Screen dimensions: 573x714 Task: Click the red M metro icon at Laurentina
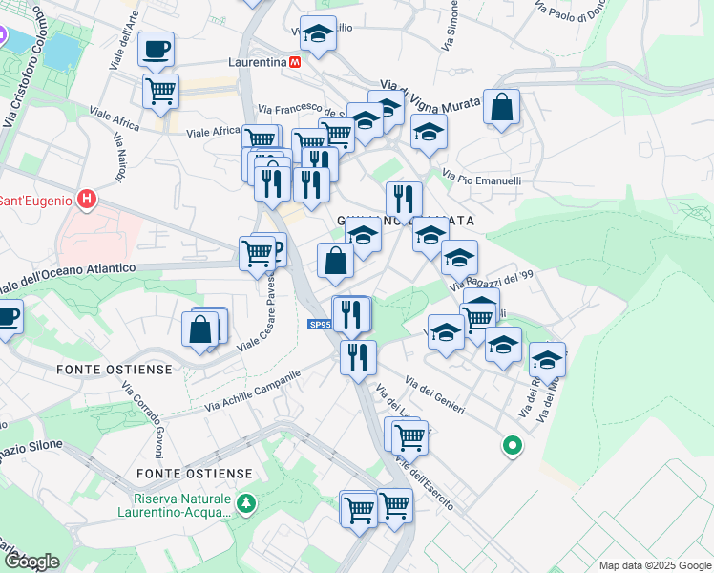[x=296, y=62]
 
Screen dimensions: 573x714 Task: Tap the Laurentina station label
[x=258, y=62]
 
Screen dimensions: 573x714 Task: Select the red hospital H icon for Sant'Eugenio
[x=88, y=200]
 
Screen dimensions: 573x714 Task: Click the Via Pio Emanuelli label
[x=481, y=179]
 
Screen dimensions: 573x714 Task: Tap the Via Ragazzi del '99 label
[x=490, y=280]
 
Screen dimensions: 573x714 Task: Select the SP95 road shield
[x=320, y=326]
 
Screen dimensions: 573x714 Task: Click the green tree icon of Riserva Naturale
[x=247, y=502]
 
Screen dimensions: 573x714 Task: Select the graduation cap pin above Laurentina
[x=318, y=34]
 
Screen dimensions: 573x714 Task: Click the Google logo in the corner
[x=31, y=562]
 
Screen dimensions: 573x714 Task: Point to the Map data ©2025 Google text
[x=654, y=565]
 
